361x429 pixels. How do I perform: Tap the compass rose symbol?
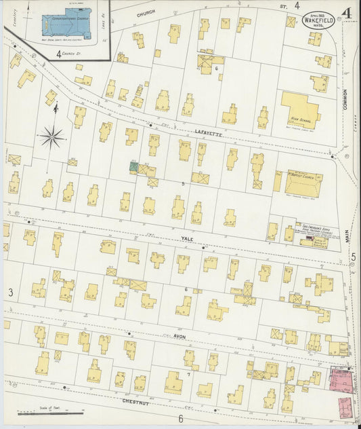(52, 137)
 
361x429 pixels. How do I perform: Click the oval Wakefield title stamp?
(318, 20)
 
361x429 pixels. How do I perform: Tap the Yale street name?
(188, 239)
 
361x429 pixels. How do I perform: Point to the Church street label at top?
(146, 13)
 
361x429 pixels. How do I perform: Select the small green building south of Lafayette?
(134, 166)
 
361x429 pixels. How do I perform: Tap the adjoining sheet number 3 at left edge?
(11, 292)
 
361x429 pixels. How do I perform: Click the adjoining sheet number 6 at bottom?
(181, 418)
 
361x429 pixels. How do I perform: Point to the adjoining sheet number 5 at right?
(353, 256)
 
